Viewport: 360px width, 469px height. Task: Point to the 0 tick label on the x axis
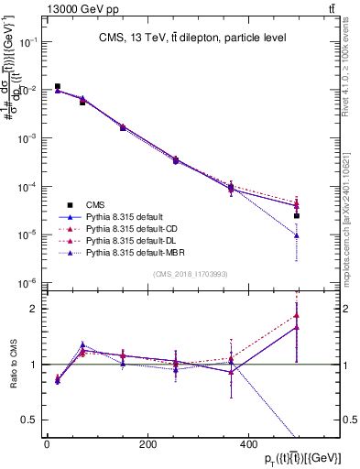[x=47, y=443]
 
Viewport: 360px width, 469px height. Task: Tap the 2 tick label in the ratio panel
[x=33, y=309]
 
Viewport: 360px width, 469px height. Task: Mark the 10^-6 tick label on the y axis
[x=27, y=282]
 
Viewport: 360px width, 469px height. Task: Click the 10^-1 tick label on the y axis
[x=27, y=42]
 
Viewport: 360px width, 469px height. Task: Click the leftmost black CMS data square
[x=58, y=87]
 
